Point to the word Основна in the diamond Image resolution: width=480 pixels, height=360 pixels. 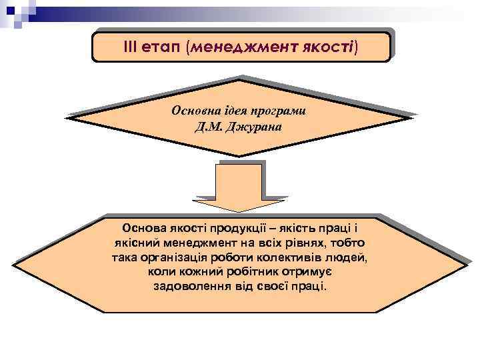click(x=195, y=110)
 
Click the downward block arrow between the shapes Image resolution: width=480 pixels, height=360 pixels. click(x=240, y=187)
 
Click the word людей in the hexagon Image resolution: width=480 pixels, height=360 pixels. click(x=350, y=257)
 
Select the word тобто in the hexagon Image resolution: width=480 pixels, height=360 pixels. click(x=347, y=243)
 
